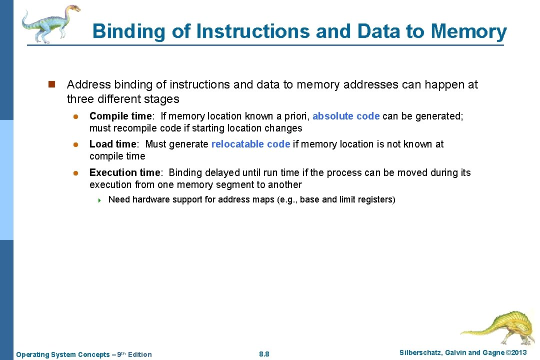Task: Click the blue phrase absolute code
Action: point(346,116)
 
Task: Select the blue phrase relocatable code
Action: point(250,144)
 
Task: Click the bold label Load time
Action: point(112,144)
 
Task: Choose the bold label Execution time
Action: point(125,172)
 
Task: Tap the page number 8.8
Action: point(264,354)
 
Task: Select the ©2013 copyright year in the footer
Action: point(516,353)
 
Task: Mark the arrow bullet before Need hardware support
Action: point(99,200)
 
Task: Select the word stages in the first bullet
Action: point(162,98)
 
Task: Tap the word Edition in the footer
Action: point(139,354)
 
